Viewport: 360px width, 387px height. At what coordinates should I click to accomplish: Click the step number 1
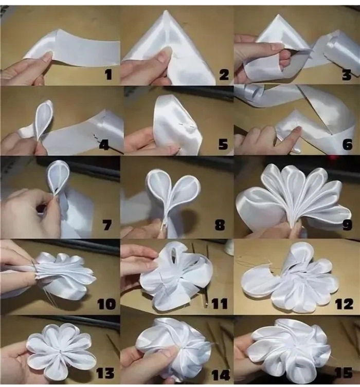[109, 74]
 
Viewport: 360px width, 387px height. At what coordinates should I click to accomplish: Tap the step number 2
[224, 74]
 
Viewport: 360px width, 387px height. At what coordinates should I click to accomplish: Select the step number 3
[347, 74]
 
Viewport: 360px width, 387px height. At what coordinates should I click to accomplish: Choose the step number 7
[107, 225]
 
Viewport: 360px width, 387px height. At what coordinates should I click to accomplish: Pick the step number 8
[220, 225]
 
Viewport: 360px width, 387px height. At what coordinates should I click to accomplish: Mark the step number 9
[347, 225]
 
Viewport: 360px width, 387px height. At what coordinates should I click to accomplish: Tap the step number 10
[106, 304]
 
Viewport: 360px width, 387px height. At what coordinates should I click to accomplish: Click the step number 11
[220, 304]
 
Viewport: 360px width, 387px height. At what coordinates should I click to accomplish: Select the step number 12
[344, 304]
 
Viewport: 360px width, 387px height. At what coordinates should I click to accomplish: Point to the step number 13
[105, 373]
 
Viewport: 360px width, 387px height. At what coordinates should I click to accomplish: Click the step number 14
[221, 375]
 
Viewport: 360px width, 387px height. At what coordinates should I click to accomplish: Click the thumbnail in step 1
[46, 56]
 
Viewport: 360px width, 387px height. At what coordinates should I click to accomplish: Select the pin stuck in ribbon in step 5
[187, 125]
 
